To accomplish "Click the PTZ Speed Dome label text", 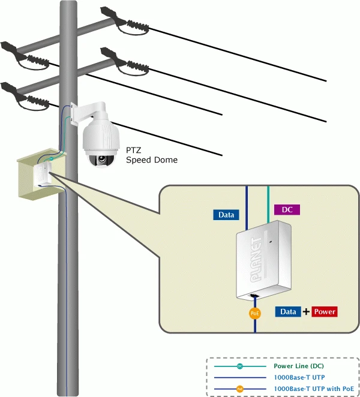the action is (x=152, y=155).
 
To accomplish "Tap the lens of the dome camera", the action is (x=102, y=159).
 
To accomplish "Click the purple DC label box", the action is (x=287, y=210).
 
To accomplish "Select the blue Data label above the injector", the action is (x=226, y=215).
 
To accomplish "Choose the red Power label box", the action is (x=325, y=311).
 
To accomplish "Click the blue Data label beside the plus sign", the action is (x=288, y=311).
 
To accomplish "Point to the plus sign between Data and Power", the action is (x=306, y=311).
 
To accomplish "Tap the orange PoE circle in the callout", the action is (x=254, y=314).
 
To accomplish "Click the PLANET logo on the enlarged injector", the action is (x=256, y=260).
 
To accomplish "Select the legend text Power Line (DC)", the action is (x=299, y=366).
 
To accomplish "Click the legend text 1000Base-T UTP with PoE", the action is (x=314, y=389).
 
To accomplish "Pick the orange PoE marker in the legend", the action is (x=239, y=389).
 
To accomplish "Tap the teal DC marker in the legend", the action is (x=239, y=366).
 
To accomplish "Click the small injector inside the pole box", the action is (x=43, y=174).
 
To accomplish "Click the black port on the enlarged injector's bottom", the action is (x=254, y=296).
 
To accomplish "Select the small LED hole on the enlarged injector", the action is (x=271, y=242).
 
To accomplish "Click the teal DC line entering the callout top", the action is (x=268, y=204).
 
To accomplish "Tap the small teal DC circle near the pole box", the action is (x=51, y=158).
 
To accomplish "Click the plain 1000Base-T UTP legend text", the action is (x=299, y=377).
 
